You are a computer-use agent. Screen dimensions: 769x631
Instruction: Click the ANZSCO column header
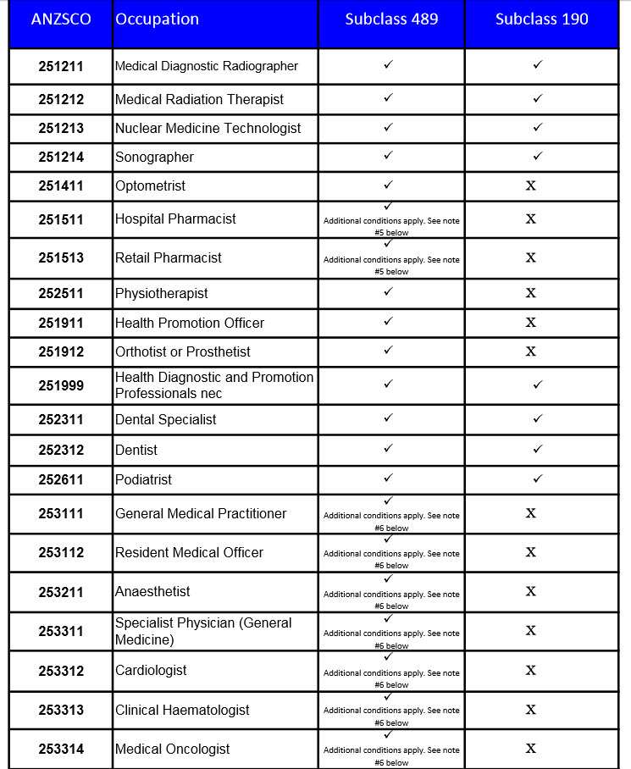[x=60, y=19]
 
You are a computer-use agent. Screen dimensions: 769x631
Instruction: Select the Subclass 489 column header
[x=391, y=19]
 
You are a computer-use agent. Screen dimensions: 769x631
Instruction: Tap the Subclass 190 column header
[x=541, y=19]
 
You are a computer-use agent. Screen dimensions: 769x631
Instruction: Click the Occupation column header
[x=157, y=19]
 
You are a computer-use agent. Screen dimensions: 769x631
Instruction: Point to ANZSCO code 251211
[x=61, y=66]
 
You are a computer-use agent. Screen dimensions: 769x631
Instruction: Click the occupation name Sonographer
[x=154, y=158]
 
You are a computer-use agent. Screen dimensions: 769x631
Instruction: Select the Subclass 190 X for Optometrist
[x=531, y=185]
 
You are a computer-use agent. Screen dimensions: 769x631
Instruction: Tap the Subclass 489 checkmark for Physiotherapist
[x=388, y=292]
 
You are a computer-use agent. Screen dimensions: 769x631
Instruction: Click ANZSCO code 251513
[x=61, y=258]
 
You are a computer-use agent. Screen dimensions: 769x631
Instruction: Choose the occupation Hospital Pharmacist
[x=175, y=219]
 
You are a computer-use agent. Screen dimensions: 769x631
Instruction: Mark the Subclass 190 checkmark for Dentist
[x=537, y=449]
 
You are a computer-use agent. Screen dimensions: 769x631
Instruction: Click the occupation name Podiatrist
[x=143, y=480]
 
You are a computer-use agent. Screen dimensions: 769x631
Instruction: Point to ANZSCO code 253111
[x=61, y=514]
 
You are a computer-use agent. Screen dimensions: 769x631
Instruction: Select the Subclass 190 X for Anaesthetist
[x=531, y=591]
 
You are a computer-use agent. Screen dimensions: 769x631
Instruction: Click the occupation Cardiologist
[x=151, y=671]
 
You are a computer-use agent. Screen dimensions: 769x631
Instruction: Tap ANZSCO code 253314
[x=61, y=750]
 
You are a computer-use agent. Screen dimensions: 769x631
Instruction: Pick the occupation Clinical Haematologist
[x=182, y=711]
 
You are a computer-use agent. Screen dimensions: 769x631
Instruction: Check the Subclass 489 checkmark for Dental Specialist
[x=388, y=418]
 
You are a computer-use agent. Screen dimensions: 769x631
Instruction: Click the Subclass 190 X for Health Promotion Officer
[x=531, y=323]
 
